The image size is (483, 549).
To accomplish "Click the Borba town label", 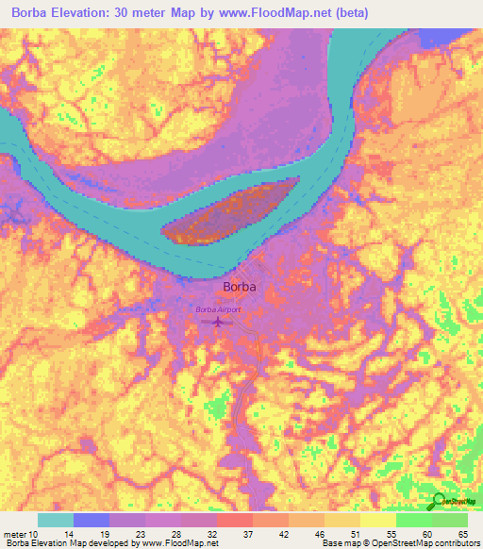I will point(240,288).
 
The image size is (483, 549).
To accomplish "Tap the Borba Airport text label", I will point(218,309).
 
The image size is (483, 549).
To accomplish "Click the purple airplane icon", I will point(218,323).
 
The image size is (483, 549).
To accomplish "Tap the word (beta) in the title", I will point(349,13).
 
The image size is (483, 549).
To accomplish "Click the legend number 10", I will point(34,534).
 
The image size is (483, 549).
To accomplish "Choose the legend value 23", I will point(143,534).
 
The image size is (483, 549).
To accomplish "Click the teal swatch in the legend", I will point(56,520).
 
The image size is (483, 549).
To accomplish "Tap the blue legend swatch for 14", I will point(92,520).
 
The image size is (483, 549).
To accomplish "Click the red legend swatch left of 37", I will point(234,520).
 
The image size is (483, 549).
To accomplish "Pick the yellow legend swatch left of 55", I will point(377,520).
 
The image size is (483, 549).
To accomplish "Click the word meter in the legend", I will point(14,534).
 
